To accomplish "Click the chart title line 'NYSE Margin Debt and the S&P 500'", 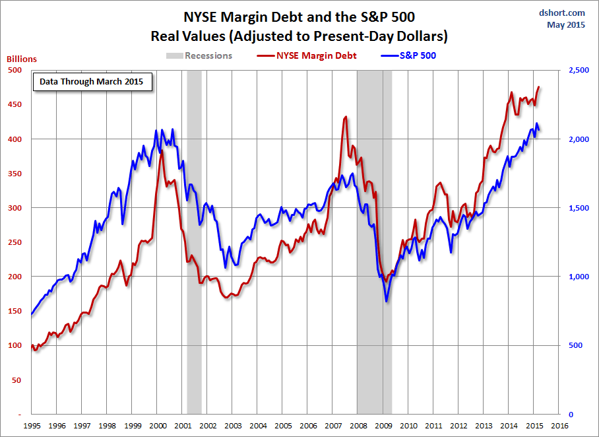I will [x=299, y=16].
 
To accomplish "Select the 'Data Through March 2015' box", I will [x=92, y=82].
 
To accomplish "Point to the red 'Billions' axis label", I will [x=22, y=59].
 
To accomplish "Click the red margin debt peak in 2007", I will [x=346, y=117].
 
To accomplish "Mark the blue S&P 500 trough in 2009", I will [x=386, y=302].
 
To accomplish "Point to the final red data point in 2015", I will [x=539, y=86].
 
